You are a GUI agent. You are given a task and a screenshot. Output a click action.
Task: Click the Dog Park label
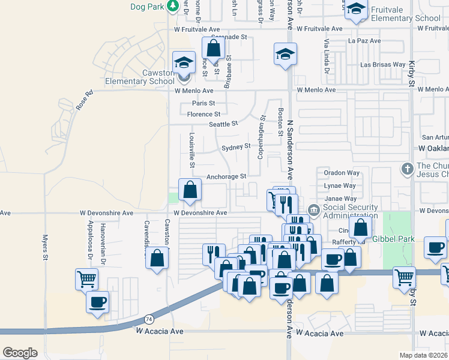coord(147,7)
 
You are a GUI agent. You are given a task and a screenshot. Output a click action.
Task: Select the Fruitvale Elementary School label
coord(406,14)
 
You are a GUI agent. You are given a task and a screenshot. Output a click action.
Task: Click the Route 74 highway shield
coord(148,320)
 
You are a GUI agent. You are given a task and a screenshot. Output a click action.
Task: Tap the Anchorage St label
coord(226,176)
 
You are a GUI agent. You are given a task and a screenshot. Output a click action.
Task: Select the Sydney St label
coord(235,146)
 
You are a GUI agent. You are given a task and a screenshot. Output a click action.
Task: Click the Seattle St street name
coord(223,124)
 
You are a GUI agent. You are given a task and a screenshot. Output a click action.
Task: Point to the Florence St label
coord(203,114)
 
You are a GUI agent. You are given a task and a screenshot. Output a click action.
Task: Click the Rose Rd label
coord(85,100)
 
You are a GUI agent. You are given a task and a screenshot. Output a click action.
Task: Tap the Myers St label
coord(45,248)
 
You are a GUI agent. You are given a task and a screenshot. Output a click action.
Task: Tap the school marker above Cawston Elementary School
coord(184,62)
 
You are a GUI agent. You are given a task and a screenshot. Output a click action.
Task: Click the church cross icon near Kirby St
coord(408,169)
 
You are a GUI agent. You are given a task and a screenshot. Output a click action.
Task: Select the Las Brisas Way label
coord(382,64)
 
